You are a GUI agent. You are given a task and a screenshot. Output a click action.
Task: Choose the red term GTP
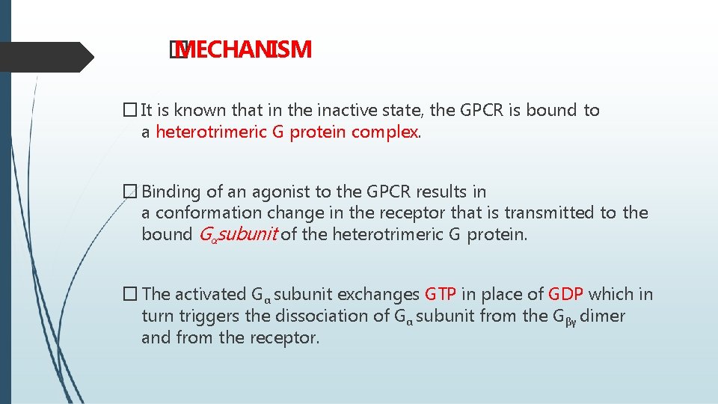coord(441,294)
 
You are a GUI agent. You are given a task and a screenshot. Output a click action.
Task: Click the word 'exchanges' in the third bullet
coord(383,294)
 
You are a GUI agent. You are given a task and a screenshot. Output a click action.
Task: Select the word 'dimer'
coord(602,316)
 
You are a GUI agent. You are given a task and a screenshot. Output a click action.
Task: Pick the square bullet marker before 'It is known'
coord(130,111)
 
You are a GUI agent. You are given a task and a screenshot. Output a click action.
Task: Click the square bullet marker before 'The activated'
coord(130,294)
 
